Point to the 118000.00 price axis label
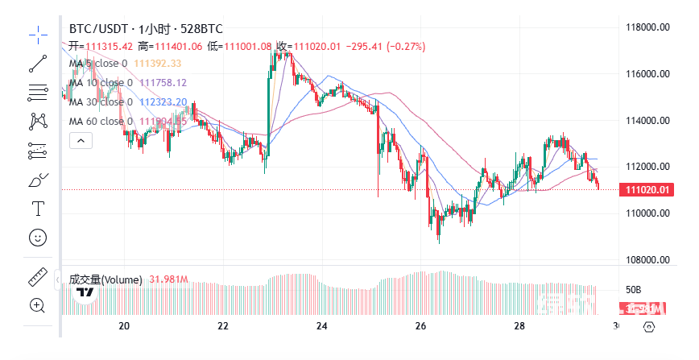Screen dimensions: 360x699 point(648,27)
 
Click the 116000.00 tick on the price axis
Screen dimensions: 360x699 point(648,74)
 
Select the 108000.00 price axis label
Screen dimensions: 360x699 point(648,259)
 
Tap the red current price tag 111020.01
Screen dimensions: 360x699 point(643,190)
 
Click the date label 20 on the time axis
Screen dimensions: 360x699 point(124,326)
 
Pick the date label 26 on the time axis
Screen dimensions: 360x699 point(420,326)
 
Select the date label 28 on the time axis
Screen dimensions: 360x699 point(519,326)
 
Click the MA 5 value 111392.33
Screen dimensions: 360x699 point(157,64)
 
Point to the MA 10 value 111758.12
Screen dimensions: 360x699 point(163,83)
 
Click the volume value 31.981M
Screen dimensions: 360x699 point(168,280)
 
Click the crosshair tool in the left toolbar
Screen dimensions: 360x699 point(38,33)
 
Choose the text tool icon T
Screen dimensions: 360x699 point(38,209)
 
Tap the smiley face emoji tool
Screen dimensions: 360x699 point(38,238)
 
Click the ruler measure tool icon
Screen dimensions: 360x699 point(38,276)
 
